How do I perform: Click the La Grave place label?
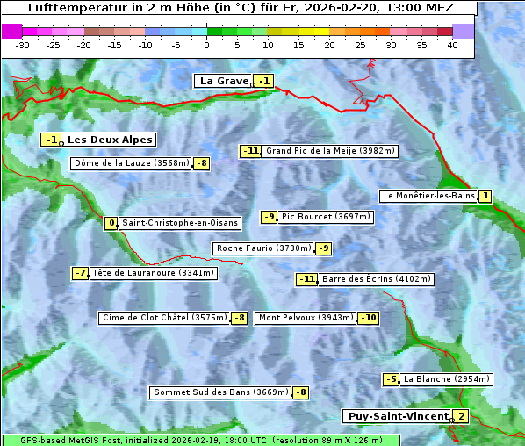[225, 81]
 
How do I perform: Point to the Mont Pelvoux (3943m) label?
[306, 318]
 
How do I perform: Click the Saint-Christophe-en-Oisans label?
[166, 223]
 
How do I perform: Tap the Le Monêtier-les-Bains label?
[428, 196]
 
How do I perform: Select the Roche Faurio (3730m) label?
[263, 248]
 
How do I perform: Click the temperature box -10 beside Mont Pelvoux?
[368, 318]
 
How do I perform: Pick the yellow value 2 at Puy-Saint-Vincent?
[461, 416]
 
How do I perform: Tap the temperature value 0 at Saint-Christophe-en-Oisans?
[111, 223]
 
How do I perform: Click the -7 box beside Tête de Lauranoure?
[81, 273]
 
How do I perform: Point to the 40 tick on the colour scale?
[452, 44]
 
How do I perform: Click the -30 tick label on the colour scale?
[22, 44]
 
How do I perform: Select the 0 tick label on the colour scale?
[206, 44]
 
